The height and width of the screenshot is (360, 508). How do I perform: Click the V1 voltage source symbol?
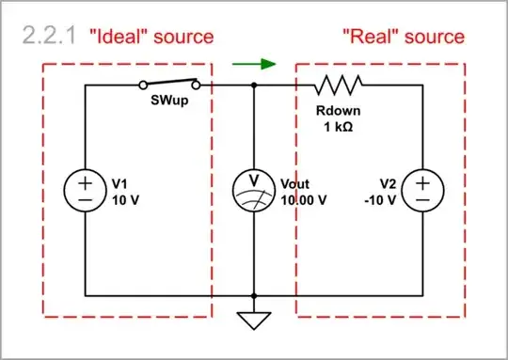pos(85,191)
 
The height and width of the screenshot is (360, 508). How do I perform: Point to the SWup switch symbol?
pos(169,83)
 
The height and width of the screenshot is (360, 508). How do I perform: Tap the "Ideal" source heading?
pos(151,37)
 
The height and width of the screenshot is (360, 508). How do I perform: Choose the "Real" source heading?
pos(403,37)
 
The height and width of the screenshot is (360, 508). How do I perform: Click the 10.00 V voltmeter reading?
pos(304,199)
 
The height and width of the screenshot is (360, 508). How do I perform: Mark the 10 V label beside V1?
pos(126,199)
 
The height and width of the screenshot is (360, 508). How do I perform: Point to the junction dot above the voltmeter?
pos(254,86)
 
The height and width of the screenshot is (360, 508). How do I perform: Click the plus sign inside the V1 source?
pos(85,181)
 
